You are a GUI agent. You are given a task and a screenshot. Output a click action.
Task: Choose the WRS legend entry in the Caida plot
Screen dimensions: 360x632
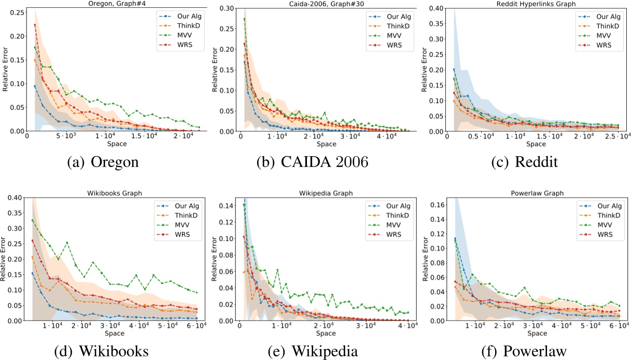(x=388, y=46)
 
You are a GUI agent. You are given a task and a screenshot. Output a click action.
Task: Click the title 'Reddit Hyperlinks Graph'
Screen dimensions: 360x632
(x=534, y=4)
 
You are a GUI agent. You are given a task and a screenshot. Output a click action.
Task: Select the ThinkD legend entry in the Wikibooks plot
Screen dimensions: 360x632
(x=176, y=215)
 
